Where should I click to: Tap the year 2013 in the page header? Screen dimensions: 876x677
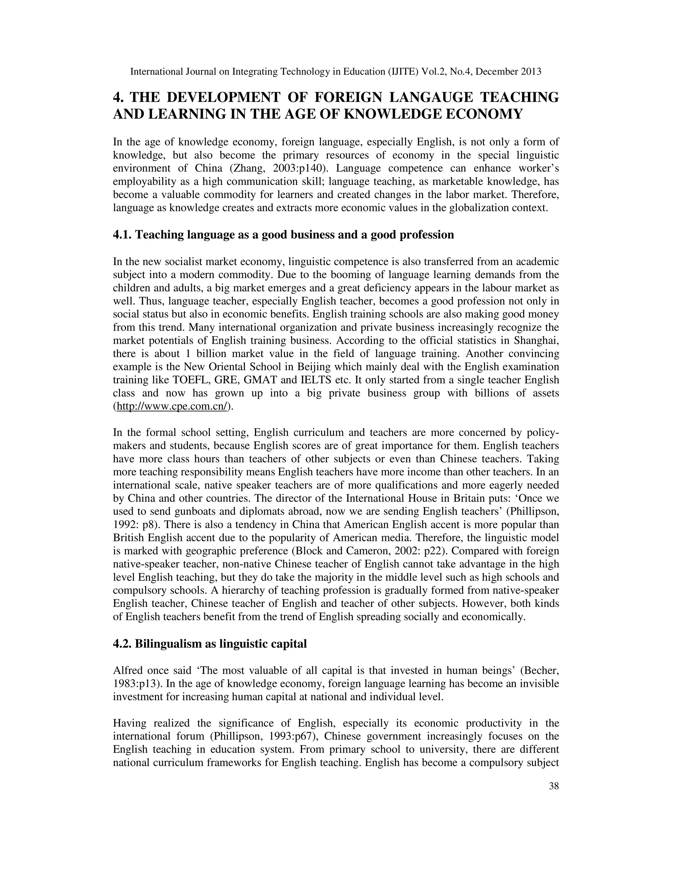click(531, 72)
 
